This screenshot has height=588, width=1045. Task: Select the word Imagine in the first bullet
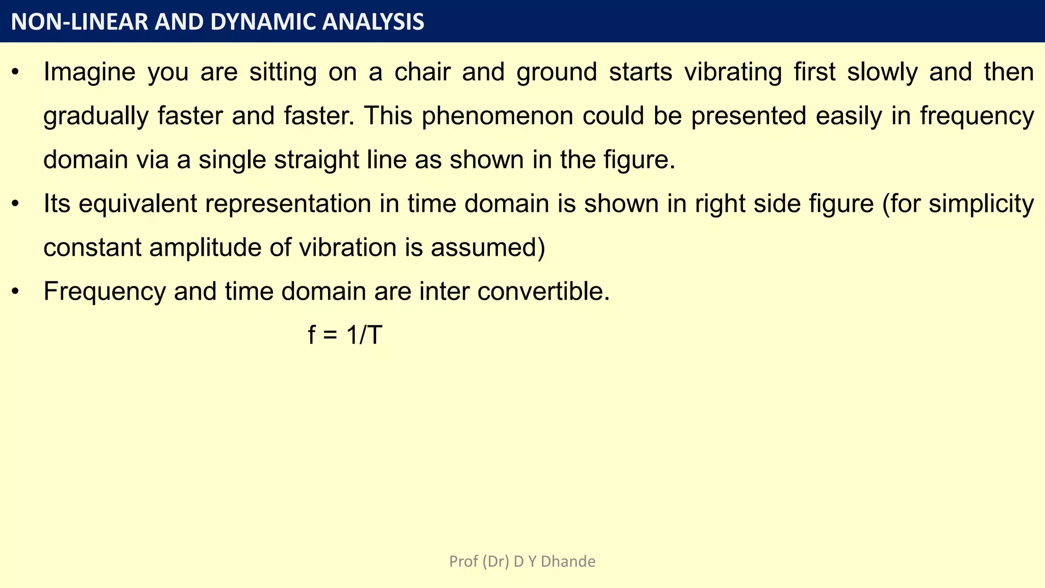[x=89, y=72]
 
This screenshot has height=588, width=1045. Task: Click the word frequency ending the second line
[x=977, y=116]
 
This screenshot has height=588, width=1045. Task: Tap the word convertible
[x=543, y=291]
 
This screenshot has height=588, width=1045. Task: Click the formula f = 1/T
[x=345, y=336]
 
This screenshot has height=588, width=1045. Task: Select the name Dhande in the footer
[x=568, y=561]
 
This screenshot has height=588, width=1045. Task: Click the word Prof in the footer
[x=463, y=561]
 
